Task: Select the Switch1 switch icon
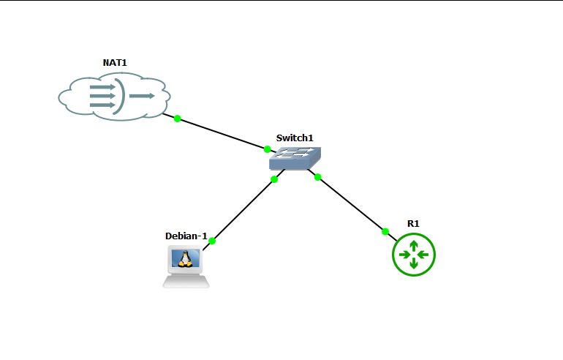coord(294,158)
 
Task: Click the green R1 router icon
coord(414,255)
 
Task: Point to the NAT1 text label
coord(115,63)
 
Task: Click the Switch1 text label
coord(295,138)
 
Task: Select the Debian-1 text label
coord(186,236)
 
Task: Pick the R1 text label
coord(414,223)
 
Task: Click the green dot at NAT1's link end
coord(177,119)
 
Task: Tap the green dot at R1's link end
coord(385,232)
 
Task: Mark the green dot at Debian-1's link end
coord(212,241)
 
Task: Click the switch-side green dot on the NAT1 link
coord(268,149)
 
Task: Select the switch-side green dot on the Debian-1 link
coord(274,179)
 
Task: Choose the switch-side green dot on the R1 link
coord(317,177)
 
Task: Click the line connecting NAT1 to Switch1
coord(222,134)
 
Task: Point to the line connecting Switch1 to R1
coord(351,204)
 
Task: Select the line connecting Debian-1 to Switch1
coord(243,210)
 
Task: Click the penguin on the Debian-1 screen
coord(186,258)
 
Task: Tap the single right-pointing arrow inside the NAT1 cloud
coord(143,96)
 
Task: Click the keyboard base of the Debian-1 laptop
coord(186,281)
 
